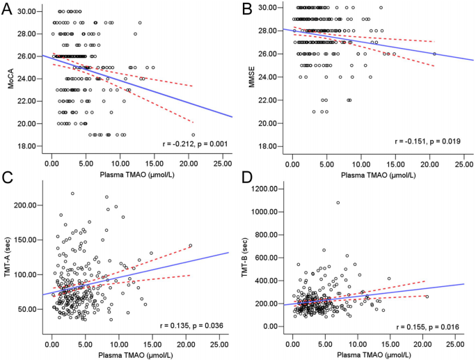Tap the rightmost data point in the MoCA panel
[x=193, y=134]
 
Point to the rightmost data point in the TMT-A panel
[x=190, y=245]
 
